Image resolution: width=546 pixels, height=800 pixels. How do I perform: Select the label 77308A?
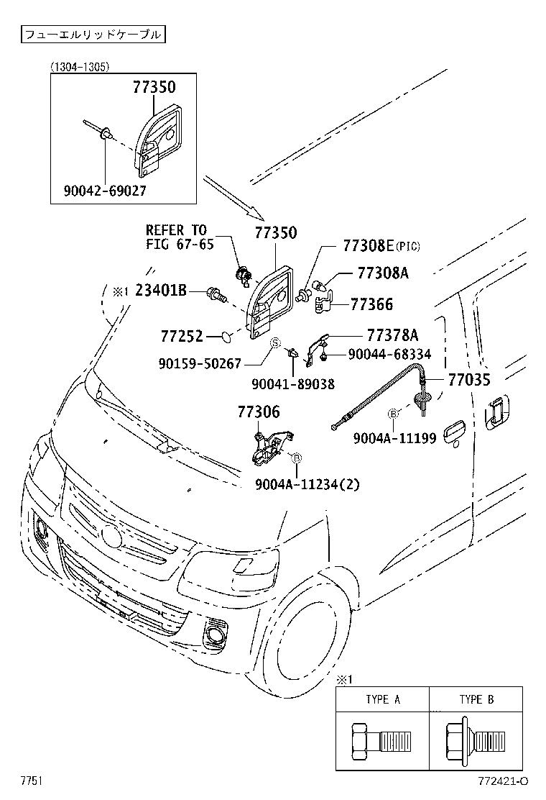[x=384, y=273]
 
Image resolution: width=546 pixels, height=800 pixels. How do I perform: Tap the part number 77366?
[x=371, y=305]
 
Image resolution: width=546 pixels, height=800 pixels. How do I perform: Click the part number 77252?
[x=182, y=336]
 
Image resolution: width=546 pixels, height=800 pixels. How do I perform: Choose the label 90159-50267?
[x=200, y=364]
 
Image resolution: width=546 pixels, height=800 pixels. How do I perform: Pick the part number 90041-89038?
[x=292, y=384]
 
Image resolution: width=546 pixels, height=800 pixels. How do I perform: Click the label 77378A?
[x=392, y=335]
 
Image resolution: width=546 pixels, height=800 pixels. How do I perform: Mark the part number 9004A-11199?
[x=394, y=437]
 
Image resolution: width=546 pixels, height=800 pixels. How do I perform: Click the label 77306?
[x=259, y=412]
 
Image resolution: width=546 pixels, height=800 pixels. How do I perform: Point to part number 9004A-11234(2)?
[x=307, y=484]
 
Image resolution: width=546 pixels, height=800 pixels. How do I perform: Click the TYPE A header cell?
[x=382, y=699]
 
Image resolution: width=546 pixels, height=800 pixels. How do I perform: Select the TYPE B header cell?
[x=476, y=699]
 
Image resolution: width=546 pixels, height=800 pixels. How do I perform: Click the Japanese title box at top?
[x=91, y=34]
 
